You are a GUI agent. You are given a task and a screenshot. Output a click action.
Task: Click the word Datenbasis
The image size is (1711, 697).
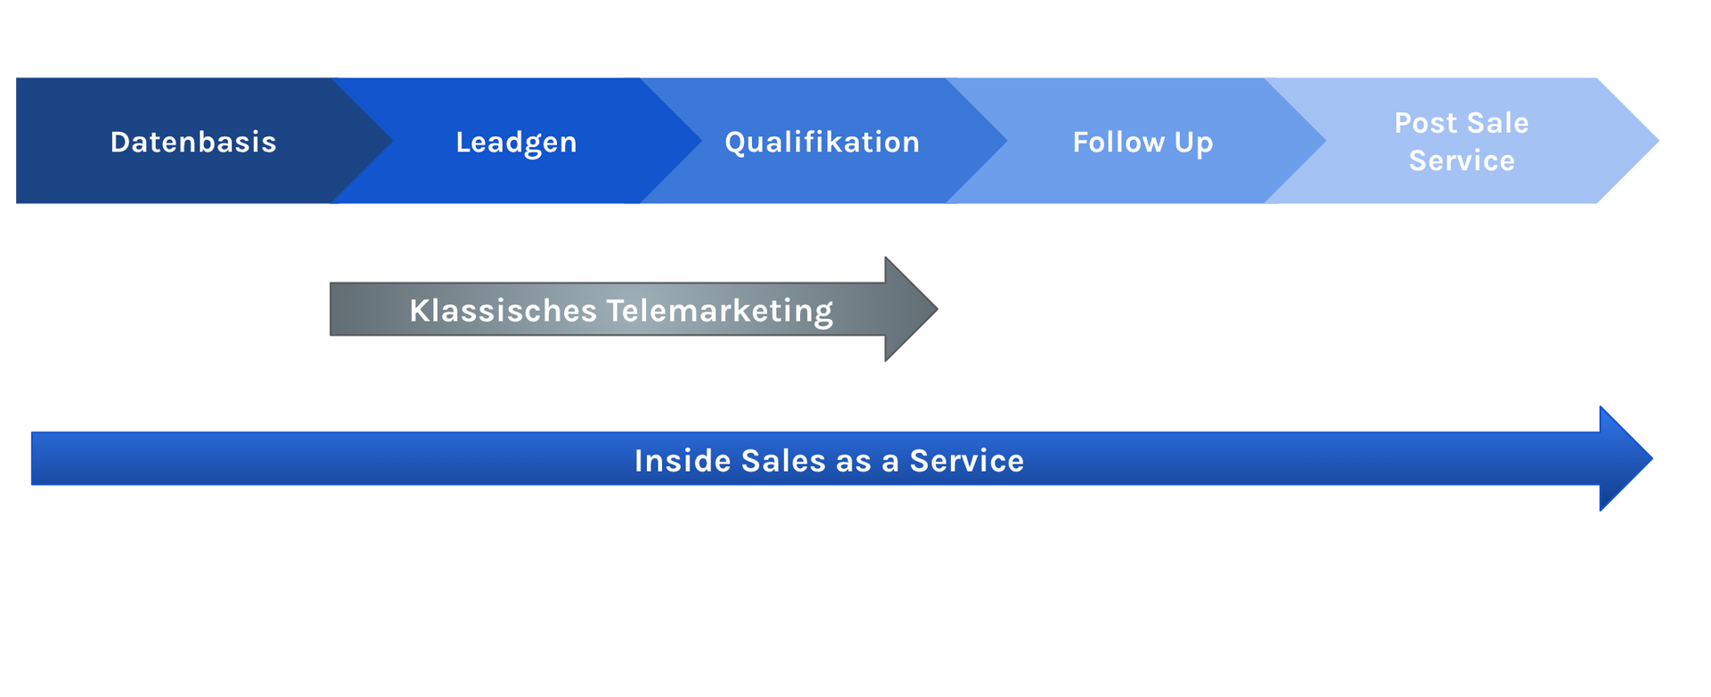coord(193,142)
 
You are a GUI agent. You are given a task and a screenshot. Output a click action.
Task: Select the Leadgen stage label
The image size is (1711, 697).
coord(516,142)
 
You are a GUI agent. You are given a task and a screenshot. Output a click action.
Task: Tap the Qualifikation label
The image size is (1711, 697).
coord(822,142)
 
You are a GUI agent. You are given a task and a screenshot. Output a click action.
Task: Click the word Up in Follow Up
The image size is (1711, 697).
coord(1193,143)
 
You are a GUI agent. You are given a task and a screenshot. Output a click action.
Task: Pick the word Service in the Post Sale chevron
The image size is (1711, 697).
coord(1461,160)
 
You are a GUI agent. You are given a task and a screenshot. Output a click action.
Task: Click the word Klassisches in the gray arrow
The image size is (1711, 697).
coord(503,310)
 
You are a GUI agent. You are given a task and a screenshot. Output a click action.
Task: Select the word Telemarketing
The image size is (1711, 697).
coord(719,310)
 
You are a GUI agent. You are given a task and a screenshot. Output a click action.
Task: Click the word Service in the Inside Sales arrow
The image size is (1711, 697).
coord(966,461)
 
